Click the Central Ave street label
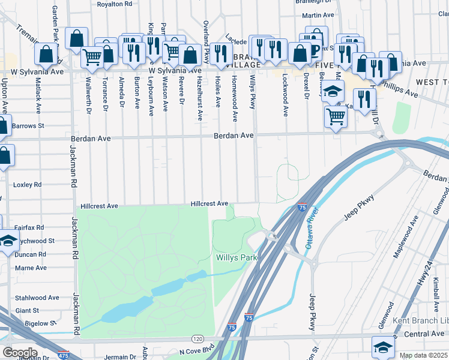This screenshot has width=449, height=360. [424, 334]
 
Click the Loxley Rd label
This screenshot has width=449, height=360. [28, 185]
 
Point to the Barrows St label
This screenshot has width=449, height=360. [28, 126]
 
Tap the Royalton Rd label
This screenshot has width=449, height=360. [114, 4]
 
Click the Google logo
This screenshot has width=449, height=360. [20, 352]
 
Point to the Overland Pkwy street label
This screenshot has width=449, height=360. [206, 46]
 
